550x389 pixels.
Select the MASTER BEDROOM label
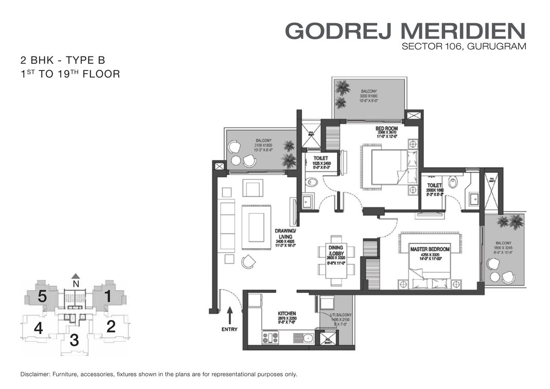click(430, 249)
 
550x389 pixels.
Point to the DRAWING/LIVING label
click(286, 234)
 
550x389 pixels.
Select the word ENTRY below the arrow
click(229, 329)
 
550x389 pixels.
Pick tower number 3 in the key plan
click(74, 340)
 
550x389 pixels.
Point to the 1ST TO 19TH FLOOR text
click(69, 74)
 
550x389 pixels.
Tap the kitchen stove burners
click(270, 338)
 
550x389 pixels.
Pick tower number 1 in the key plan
click(108, 296)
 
